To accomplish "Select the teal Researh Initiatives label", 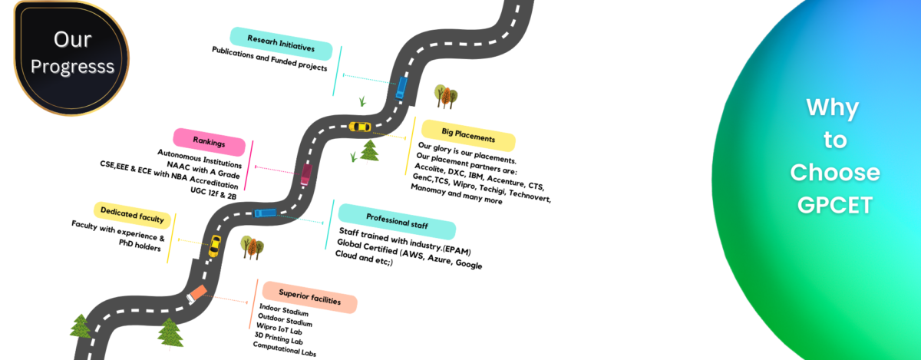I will [281, 44].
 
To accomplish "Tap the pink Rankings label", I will [209, 142].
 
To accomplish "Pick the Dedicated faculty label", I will [133, 215].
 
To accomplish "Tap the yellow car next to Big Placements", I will [359, 126].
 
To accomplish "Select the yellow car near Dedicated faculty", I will [215, 246].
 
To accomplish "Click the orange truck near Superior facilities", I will [196, 294].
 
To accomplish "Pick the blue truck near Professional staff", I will [265, 213].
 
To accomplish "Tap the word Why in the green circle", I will [833, 108].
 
